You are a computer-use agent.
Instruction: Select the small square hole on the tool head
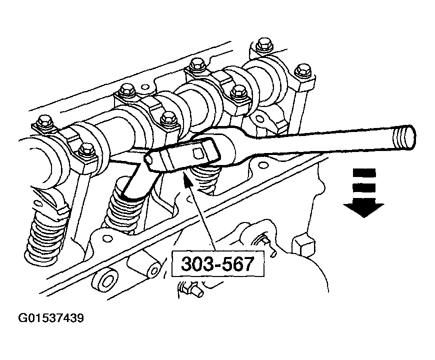(197, 152)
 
